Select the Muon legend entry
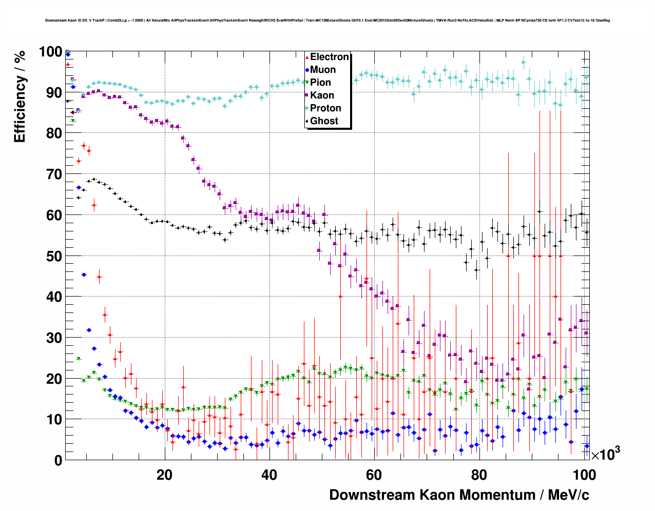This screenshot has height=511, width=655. tap(322, 70)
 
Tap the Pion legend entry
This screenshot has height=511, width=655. tap(320, 83)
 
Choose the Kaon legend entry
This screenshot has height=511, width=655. tap(322, 95)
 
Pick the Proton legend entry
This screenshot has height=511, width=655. tap(325, 108)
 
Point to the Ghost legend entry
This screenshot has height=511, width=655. tap(324, 121)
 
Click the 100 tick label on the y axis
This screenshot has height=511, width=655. tap(51, 52)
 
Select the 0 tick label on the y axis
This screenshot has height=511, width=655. tap(58, 460)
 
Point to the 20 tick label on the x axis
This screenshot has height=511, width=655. tap(164, 475)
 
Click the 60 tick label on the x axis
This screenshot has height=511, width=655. tap(374, 475)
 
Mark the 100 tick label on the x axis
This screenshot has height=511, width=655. tap(584, 475)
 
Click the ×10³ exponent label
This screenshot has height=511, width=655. tap(606, 454)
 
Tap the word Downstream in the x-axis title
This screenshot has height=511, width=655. tap(373, 495)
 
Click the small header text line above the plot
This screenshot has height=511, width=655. tap(327, 21)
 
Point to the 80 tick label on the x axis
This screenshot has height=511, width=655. tap(479, 475)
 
